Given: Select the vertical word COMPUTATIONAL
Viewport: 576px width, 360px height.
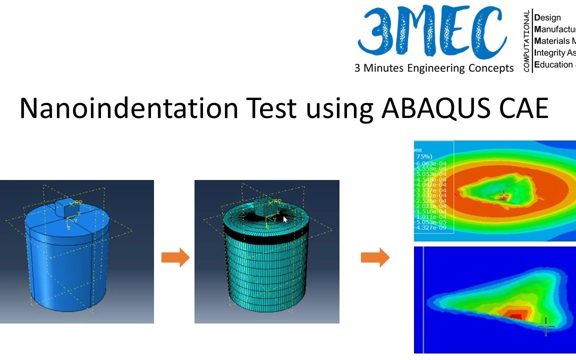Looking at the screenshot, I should click(x=527, y=41).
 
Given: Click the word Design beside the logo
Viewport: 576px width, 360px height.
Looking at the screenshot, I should click(x=548, y=17).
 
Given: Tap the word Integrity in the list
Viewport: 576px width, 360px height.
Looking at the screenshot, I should click(x=550, y=52).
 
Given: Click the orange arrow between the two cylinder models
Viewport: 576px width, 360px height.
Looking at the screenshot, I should click(x=175, y=258).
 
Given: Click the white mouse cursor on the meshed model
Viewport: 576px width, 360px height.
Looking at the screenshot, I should click(x=285, y=219).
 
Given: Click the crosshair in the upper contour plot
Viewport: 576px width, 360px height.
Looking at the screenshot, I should click(x=503, y=195).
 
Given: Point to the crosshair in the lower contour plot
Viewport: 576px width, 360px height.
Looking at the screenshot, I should click(x=545, y=326).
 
